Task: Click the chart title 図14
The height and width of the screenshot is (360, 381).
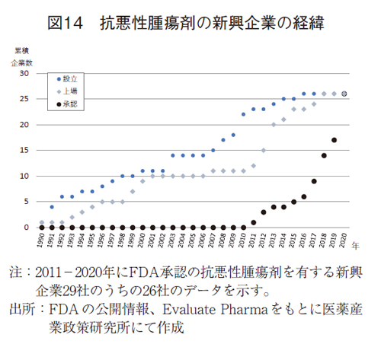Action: tap(68, 23)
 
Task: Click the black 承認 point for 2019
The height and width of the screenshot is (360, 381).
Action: tap(334, 140)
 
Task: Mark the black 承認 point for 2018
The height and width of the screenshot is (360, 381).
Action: tap(324, 155)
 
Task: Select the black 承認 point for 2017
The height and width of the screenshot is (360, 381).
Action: tap(314, 181)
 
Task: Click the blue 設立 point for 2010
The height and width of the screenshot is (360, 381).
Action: tap(243, 114)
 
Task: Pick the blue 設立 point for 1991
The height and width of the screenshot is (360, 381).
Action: tap(52, 206)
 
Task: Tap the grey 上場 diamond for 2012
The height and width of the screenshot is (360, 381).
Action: tap(264, 150)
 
